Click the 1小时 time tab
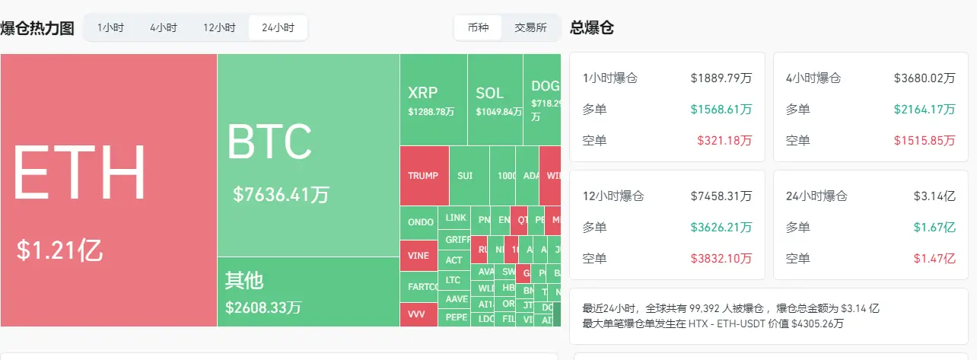(x=110, y=28)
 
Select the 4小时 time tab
(x=163, y=28)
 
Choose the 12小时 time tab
(x=219, y=28)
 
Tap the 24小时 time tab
(x=278, y=28)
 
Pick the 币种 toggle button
(x=478, y=28)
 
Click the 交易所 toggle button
(x=530, y=28)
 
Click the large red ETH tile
(x=109, y=190)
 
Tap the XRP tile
(x=433, y=100)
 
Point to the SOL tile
(x=495, y=100)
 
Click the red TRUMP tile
(x=424, y=176)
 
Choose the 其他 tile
(x=308, y=292)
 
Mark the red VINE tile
(x=418, y=256)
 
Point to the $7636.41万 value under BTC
(x=281, y=194)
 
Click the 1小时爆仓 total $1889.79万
(x=721, y=78)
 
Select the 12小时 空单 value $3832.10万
(x=721, y=259)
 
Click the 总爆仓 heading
(x=592, y=28)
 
